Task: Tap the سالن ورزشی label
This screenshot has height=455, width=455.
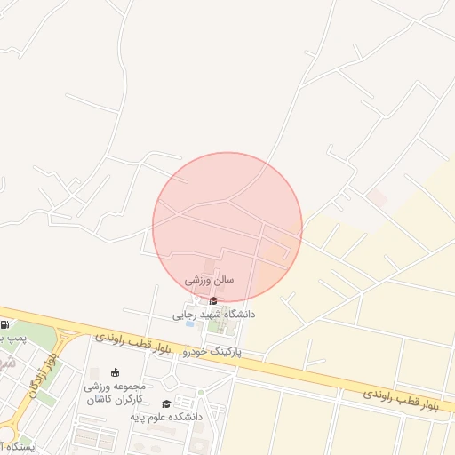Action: pos(210,279)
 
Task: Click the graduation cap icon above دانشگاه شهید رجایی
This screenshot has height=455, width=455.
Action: pos(213,300)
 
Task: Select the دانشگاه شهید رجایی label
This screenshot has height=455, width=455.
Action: pos(213,315)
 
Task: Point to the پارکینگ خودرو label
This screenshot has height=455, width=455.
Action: pos(212,352)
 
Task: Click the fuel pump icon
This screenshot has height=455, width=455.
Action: pos(6,324)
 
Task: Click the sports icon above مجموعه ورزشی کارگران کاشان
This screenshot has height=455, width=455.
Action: pos(115,372)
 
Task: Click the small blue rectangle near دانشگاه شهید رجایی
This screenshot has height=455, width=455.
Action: pos(190,323)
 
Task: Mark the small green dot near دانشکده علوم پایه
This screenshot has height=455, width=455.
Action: pos(201,392)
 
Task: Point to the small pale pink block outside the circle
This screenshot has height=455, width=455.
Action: pos(377,198)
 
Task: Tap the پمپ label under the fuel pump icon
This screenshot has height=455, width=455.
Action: pos(12,339)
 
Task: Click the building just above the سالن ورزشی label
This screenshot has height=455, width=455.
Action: pos(210,266)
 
